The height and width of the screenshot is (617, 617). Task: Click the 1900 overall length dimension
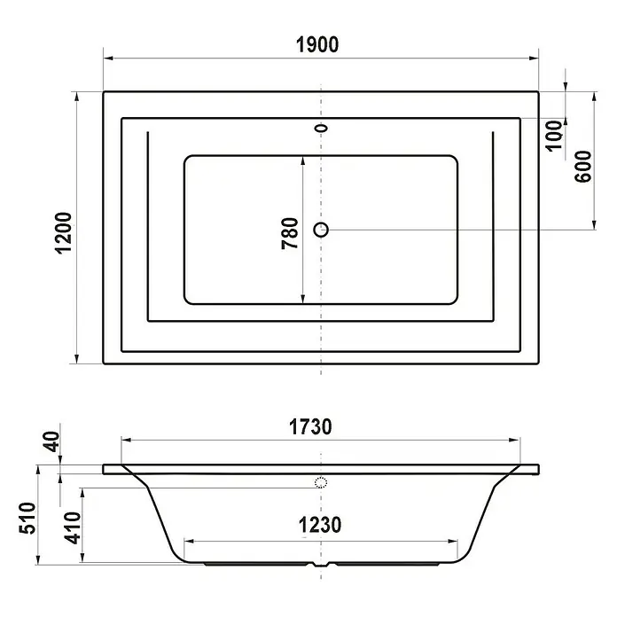pos(317,45)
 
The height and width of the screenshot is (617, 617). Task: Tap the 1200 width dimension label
pos(65,233)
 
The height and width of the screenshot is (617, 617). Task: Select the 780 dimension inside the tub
pos(290,233)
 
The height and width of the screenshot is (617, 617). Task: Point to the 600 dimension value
pos(582,167)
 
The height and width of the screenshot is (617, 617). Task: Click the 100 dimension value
pos(554,136)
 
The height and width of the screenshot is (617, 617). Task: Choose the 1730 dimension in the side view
pos(310,427)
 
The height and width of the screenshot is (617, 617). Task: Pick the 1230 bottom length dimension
pos(320,525)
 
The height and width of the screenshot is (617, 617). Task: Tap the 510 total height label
pos(27,518)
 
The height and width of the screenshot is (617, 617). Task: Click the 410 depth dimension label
pos(73,528)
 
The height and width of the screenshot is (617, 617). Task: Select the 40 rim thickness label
pos(51,441)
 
